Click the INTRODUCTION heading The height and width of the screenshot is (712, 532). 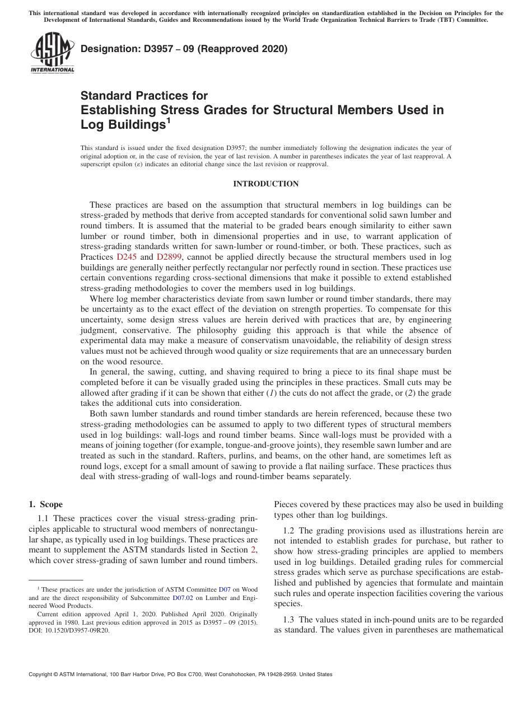pos(265,184)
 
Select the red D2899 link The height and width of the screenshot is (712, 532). pos(168,257)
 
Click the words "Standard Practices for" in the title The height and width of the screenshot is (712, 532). pos(144,96)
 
